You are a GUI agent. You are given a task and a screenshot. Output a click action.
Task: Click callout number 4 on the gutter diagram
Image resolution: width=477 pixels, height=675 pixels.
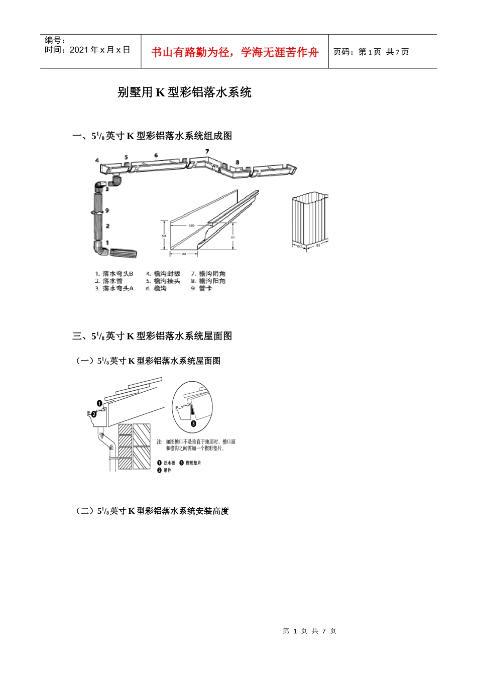[97, 161]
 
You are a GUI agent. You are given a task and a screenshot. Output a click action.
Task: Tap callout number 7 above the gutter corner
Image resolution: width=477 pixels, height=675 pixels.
[207, 151]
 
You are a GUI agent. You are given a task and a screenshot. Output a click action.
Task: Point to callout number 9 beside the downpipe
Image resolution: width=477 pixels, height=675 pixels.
[107, 210]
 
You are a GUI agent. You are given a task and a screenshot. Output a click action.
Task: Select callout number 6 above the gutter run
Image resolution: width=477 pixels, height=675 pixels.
[156, 155]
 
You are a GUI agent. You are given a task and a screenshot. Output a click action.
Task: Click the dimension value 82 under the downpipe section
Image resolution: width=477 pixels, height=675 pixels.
[318, 245]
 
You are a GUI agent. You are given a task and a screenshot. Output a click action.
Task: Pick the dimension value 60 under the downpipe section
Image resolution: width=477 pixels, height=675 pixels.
[300, 247]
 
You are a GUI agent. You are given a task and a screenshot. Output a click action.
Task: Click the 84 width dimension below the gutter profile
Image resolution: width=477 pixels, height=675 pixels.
[184, 254]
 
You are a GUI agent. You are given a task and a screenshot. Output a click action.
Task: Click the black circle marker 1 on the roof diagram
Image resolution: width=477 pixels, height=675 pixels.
[99, 403]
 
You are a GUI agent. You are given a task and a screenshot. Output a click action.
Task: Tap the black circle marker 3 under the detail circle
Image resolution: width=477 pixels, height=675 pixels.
[193, 423]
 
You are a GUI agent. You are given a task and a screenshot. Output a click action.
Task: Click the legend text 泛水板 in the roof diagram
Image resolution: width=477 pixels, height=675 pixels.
[169, 463]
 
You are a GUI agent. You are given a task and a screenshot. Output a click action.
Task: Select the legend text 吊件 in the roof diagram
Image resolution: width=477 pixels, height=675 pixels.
[167, 470]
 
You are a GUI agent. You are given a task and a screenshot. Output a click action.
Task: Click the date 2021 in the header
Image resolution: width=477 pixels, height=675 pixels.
[79, 50]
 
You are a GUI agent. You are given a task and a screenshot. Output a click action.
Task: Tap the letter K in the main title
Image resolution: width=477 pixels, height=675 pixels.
[160, 92]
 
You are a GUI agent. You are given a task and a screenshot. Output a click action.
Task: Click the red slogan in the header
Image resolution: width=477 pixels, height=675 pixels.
[234, 52]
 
